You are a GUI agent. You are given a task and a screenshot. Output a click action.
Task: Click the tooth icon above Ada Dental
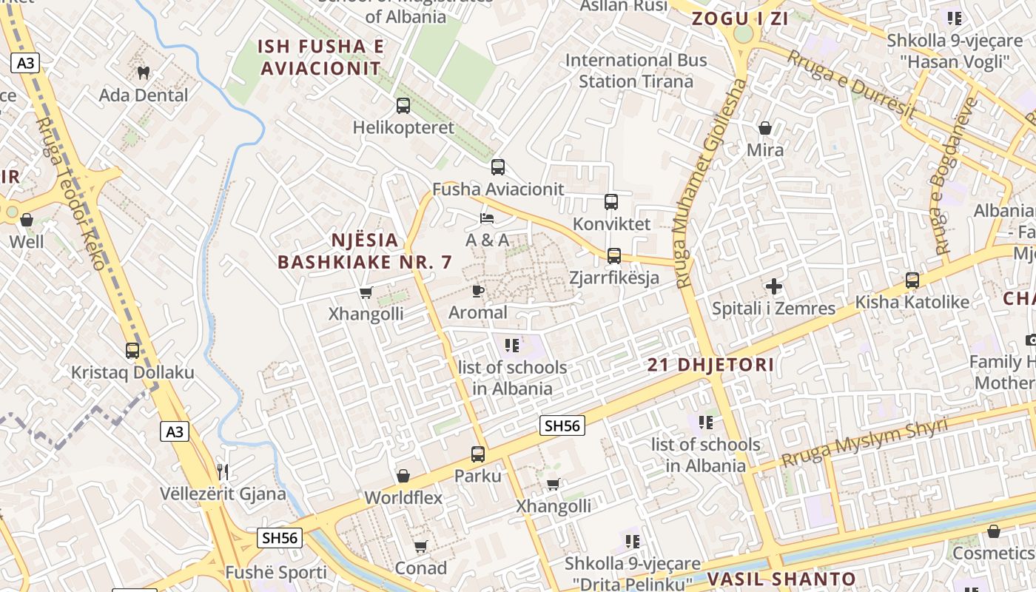point(144,73)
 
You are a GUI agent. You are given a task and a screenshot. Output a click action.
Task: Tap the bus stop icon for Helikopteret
point(403,106)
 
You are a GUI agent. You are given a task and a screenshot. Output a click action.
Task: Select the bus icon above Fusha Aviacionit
point(498,167)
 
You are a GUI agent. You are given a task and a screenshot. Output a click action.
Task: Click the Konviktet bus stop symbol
point(611,202)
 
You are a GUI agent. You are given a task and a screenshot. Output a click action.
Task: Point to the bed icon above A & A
point(487,218)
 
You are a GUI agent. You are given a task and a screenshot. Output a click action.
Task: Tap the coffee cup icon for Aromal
point(478,291)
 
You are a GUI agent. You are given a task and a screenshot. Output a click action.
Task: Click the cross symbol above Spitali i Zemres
point(774,286)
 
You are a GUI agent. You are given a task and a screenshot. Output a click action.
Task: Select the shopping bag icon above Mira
point(765,129)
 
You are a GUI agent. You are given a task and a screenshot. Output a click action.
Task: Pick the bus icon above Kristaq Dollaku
point(132,351)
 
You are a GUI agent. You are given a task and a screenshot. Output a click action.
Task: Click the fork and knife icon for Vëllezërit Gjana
point(223,471)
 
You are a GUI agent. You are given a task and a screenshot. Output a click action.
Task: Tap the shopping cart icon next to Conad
point(421,547)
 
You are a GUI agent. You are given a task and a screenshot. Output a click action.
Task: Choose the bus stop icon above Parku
point(478,454)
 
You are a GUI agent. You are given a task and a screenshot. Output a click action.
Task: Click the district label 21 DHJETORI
point(710,365)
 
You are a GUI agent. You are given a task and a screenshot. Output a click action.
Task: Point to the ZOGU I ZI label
point(740,19)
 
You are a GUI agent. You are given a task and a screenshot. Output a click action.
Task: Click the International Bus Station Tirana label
point(636,70)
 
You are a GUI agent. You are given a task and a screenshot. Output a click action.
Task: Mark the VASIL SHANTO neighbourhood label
point(781,579)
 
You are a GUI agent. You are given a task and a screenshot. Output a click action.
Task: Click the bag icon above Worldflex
point(403,476)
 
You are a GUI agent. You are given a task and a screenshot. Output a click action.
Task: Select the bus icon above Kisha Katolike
point(912,280)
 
